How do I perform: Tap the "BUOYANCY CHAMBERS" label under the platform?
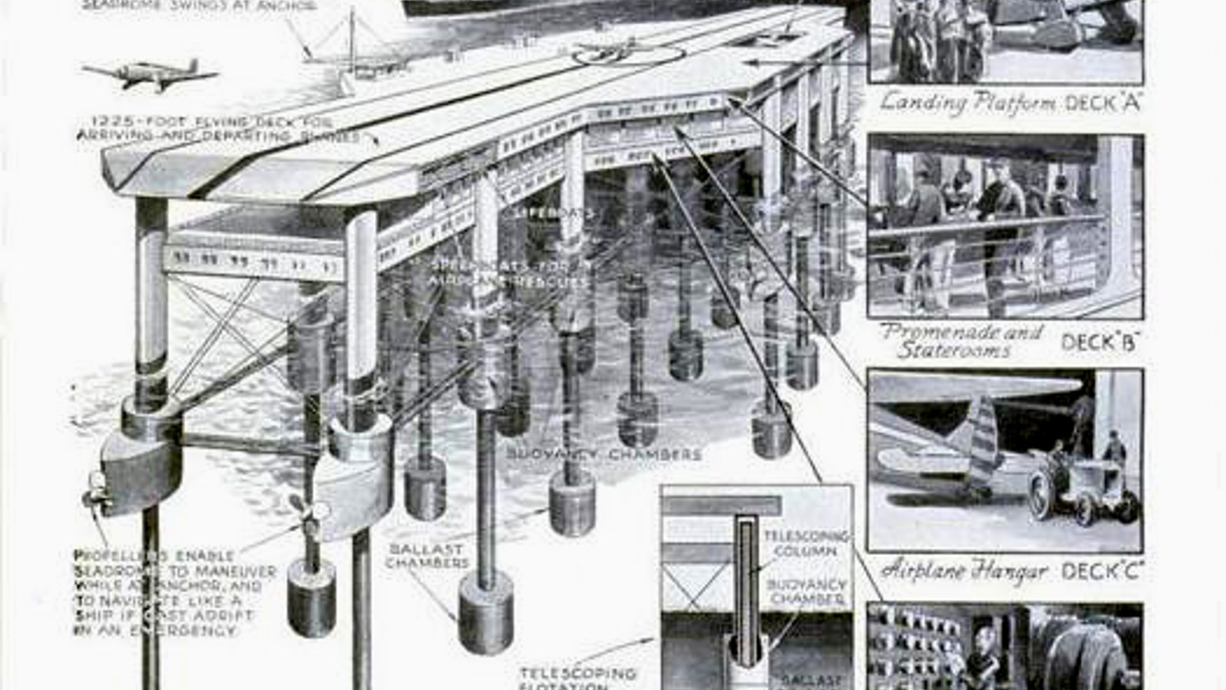604,455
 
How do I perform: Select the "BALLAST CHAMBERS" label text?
427,556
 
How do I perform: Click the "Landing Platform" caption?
968,103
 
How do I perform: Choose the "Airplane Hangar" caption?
964,571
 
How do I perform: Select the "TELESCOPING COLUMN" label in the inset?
806,544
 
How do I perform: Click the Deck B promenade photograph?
1005,226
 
